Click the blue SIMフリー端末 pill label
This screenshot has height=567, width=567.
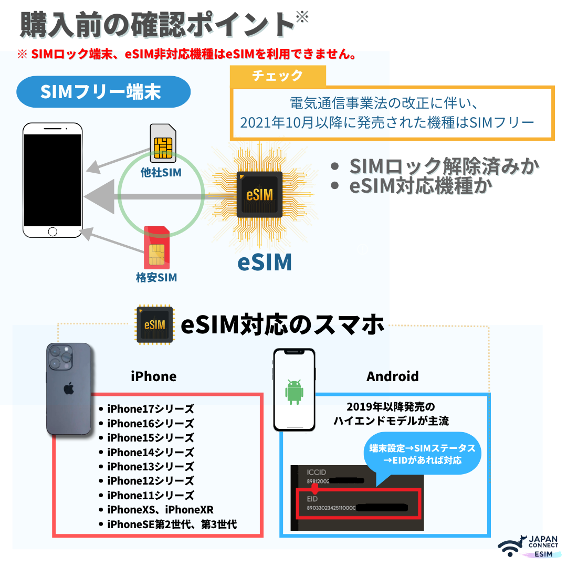pos(103,92)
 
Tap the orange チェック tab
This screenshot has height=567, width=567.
pos(278,76)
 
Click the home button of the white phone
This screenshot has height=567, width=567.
pos(52,232)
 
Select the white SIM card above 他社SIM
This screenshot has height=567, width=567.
pos(163,143)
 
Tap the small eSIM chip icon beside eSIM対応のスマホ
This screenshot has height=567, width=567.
pos(155,325)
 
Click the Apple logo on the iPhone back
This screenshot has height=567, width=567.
pos(68,389)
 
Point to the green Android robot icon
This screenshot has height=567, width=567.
pos(294,391)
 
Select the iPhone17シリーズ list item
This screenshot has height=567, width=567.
pos(150,408)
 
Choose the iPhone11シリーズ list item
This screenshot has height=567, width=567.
pos(150,495)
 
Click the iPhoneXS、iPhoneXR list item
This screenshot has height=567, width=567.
pos(160,509)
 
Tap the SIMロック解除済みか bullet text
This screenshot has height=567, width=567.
pos(444,166)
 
